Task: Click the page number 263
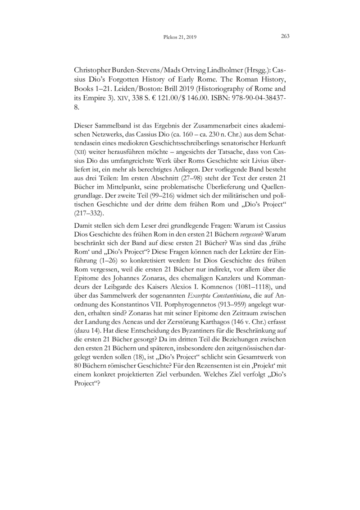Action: click(285, 37)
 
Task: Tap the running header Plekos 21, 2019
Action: click(180, 37)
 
